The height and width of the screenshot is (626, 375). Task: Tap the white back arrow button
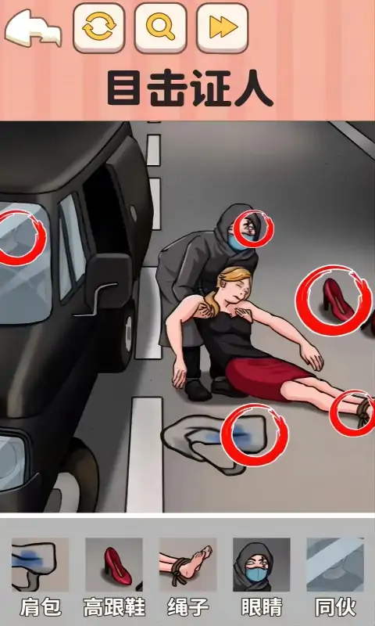[33, 30]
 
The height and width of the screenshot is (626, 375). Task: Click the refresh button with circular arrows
[99, 28]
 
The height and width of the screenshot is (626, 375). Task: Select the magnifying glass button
[161, 28]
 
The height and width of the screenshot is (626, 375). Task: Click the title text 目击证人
[190, 88]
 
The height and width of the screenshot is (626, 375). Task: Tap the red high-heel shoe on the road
[337, 297]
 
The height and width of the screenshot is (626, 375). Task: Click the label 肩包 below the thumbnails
[41, 608]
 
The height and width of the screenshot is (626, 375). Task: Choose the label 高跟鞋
[114, 608]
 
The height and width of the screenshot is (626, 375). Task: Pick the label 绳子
[187, 608]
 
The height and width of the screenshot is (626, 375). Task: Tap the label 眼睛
[262, 608]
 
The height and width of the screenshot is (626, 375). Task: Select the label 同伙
[335, 608]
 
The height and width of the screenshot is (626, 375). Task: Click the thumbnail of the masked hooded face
[262, 564]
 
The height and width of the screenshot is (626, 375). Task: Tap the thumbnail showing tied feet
[187, 564]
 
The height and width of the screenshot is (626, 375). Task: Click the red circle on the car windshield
[23, 238]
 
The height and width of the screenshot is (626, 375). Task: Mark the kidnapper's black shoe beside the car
[198, 390]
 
